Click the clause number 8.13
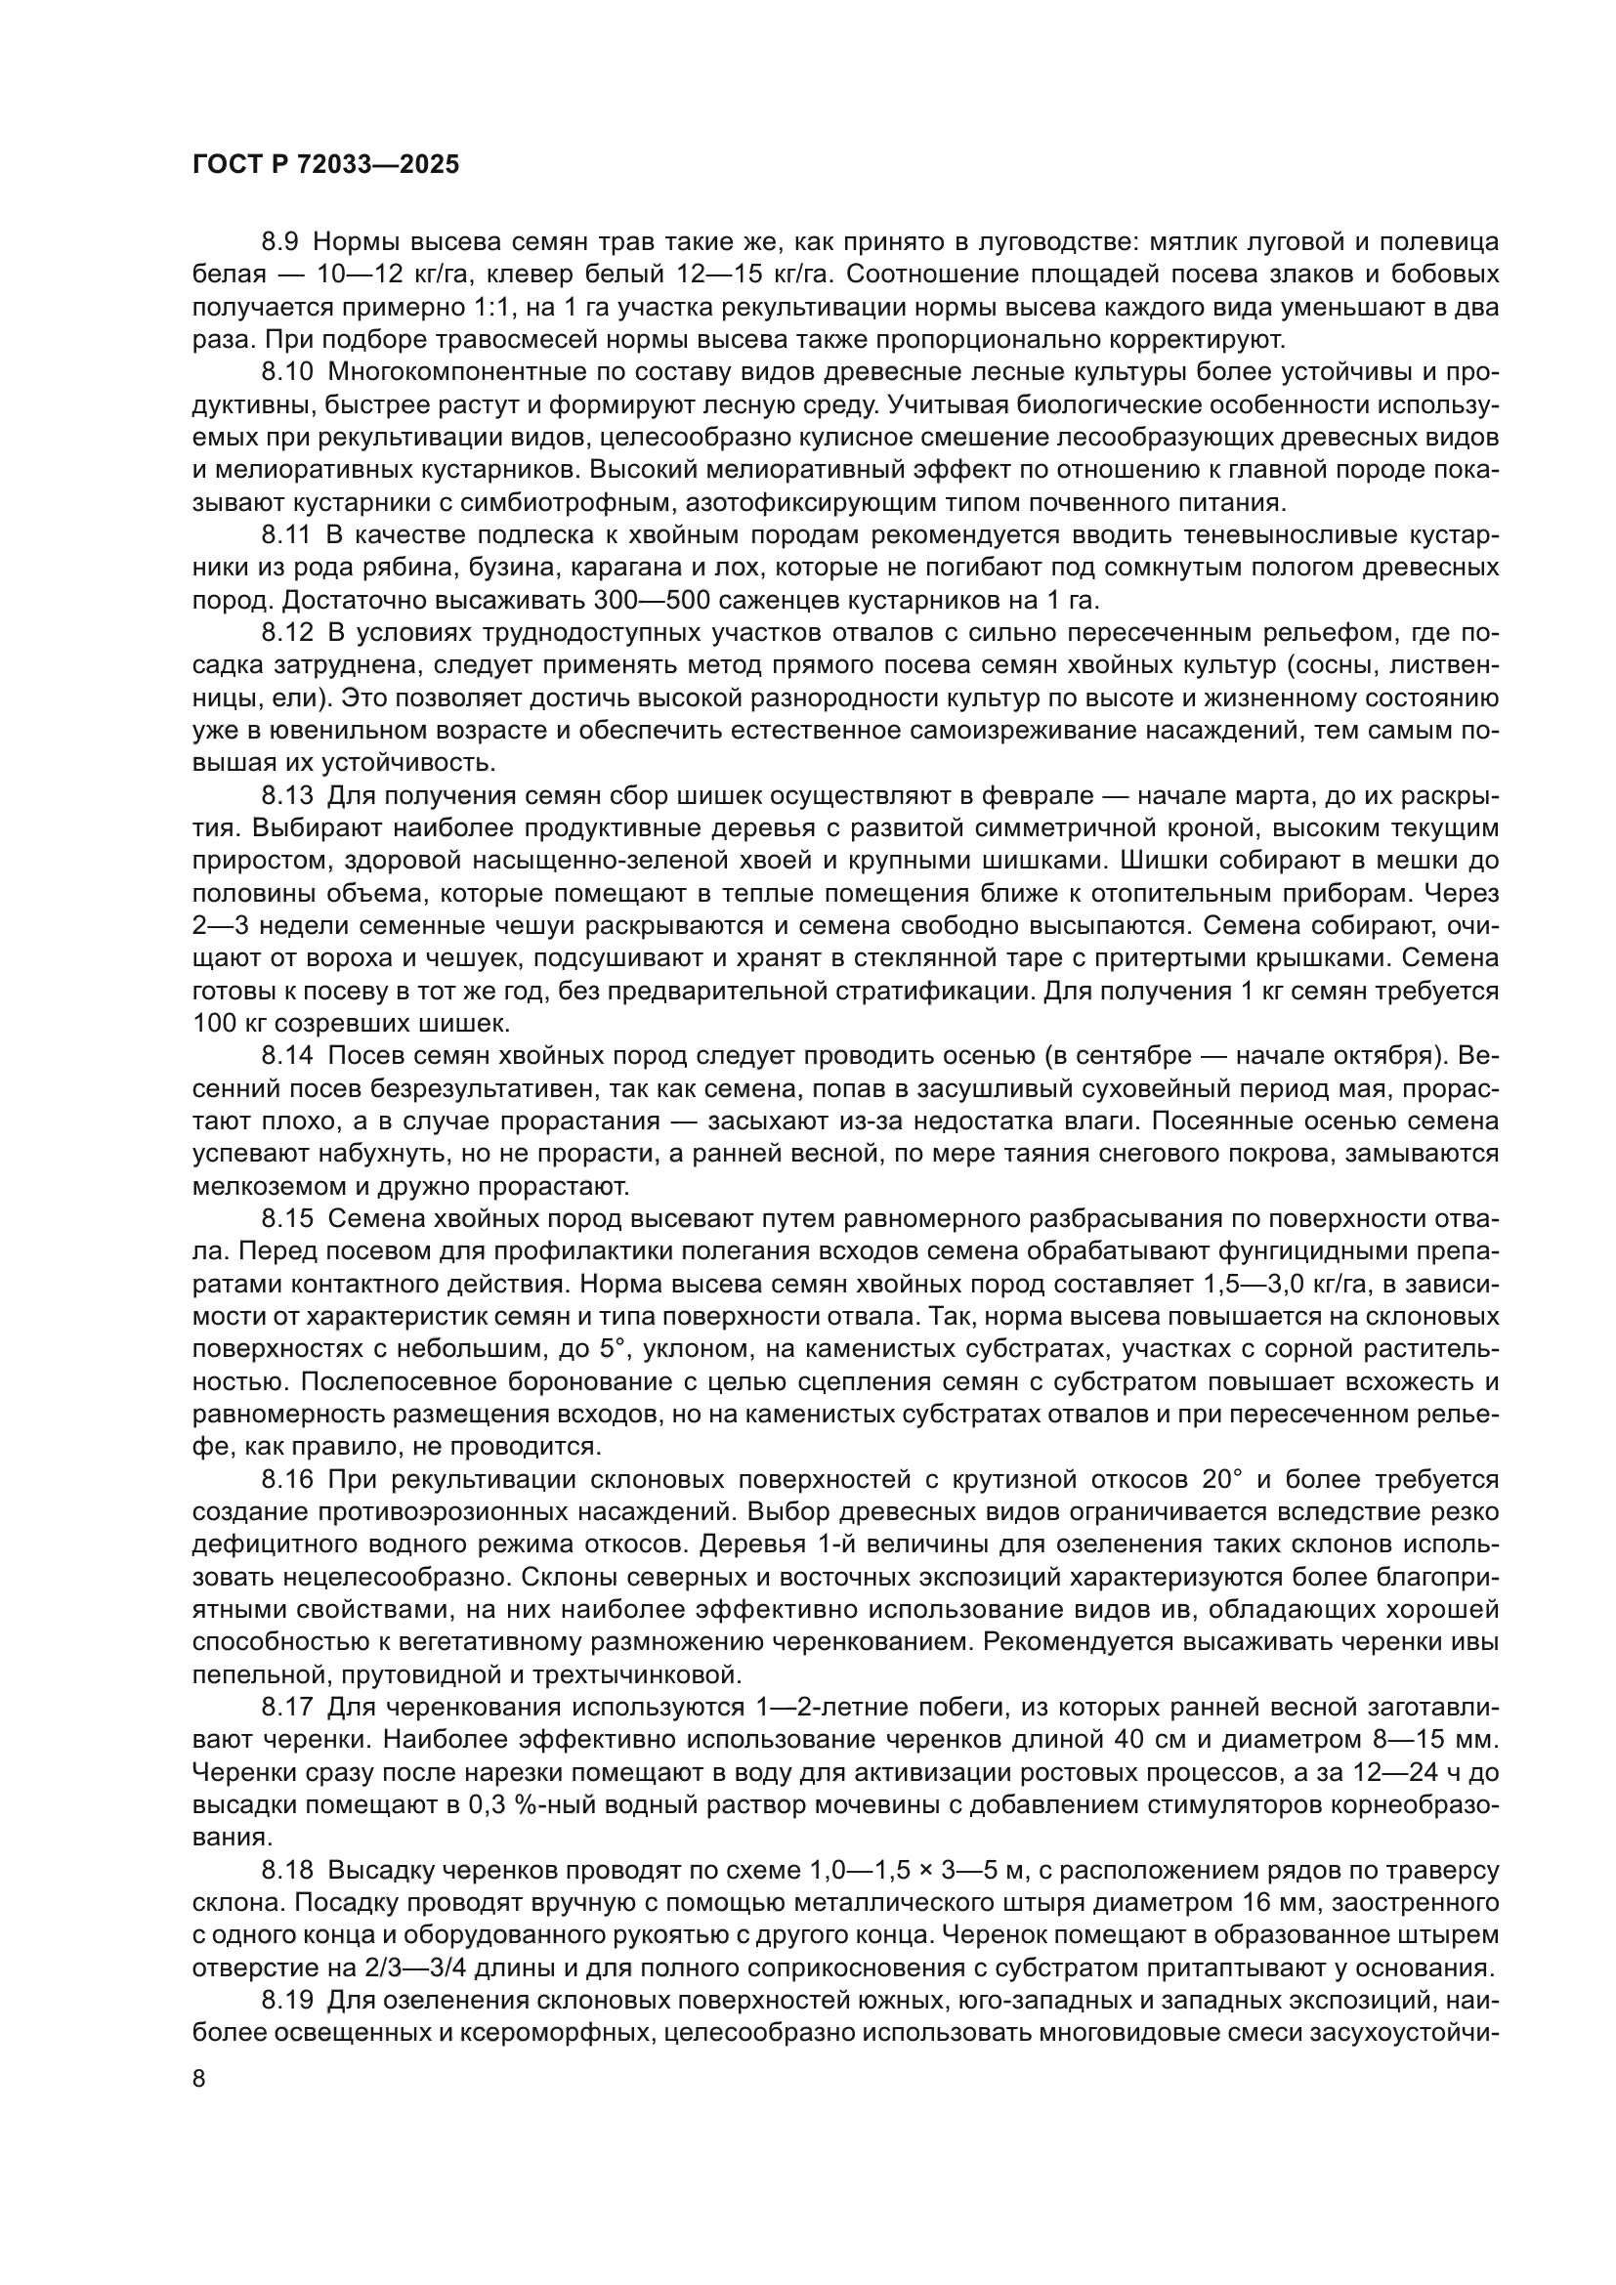pos(286,795)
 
